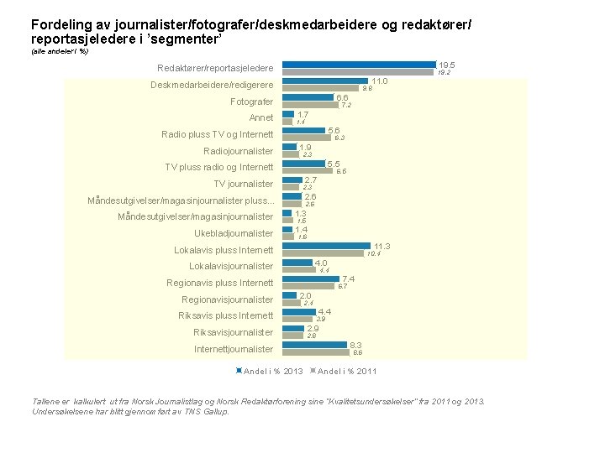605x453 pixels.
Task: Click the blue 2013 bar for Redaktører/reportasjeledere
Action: [x=359, y=65]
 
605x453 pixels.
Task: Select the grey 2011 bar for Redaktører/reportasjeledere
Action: [x=357, y=72]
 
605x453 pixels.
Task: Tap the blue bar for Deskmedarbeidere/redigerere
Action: [x=324, y=81]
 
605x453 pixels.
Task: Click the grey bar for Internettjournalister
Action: [x=315, y=352]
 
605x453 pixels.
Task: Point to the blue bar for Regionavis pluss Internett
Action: [x=310, y=279]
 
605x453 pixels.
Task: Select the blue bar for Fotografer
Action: [x=308, y=97]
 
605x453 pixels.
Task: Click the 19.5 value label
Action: [x=447, y=65]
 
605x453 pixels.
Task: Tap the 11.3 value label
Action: [x=382, y=246]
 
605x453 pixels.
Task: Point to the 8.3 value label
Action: [x=355, y=345]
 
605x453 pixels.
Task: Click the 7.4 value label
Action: [x=348, y=279]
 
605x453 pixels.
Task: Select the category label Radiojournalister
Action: [x=238, y=151]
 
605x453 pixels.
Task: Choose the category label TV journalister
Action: [x=243, y=184]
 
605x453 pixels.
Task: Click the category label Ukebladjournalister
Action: [x=233, y=233]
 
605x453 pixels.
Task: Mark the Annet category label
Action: [x=261, y=118]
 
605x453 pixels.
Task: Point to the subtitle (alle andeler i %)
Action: [x=60, y=52]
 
